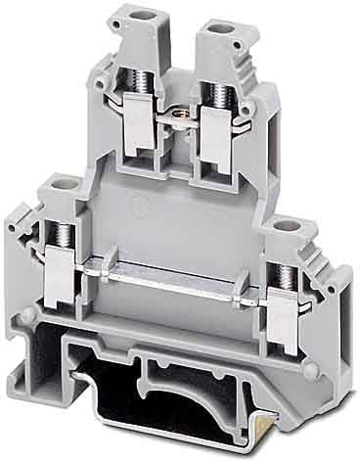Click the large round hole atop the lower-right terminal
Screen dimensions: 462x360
286,228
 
